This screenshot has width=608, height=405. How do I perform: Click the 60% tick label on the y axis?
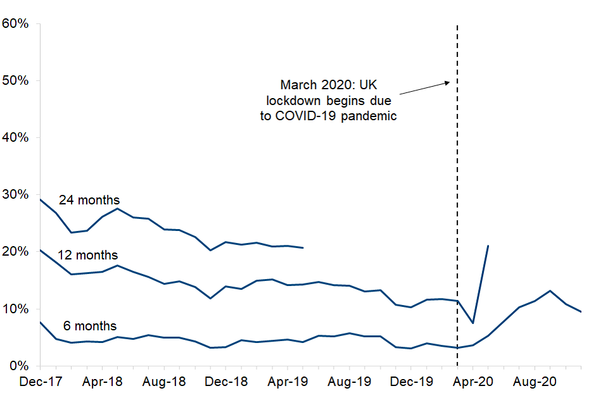16,23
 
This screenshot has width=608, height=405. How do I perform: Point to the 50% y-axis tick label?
16,80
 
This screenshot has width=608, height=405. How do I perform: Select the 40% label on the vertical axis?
16,137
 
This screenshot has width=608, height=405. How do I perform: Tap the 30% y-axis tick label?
16,194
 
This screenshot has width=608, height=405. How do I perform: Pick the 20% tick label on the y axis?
16,252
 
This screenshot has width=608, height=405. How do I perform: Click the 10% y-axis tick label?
16,309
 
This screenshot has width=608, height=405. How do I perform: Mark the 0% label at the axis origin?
19,366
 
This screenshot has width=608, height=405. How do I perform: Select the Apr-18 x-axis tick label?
102,382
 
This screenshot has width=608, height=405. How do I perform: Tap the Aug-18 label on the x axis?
163,382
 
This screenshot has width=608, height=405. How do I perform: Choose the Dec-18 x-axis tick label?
225,382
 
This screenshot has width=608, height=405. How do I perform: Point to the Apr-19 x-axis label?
287,382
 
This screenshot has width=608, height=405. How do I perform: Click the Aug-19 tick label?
349,382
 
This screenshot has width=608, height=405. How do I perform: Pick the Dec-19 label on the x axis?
411,382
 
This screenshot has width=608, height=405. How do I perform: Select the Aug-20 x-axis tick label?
535,382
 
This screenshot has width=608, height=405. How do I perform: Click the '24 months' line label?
89,200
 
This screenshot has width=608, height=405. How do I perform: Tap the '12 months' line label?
87,255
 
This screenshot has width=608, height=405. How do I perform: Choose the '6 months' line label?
90,326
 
